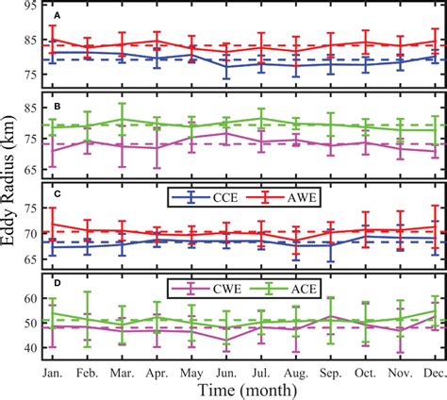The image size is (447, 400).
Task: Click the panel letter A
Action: tap(58, 17)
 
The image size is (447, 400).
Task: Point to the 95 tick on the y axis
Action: tap(32, 7)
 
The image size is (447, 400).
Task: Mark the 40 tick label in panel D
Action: tap(32, 348)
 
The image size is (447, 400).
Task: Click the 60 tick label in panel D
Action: tap(32, 298)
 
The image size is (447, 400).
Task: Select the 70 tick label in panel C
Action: tap(32, 233)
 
